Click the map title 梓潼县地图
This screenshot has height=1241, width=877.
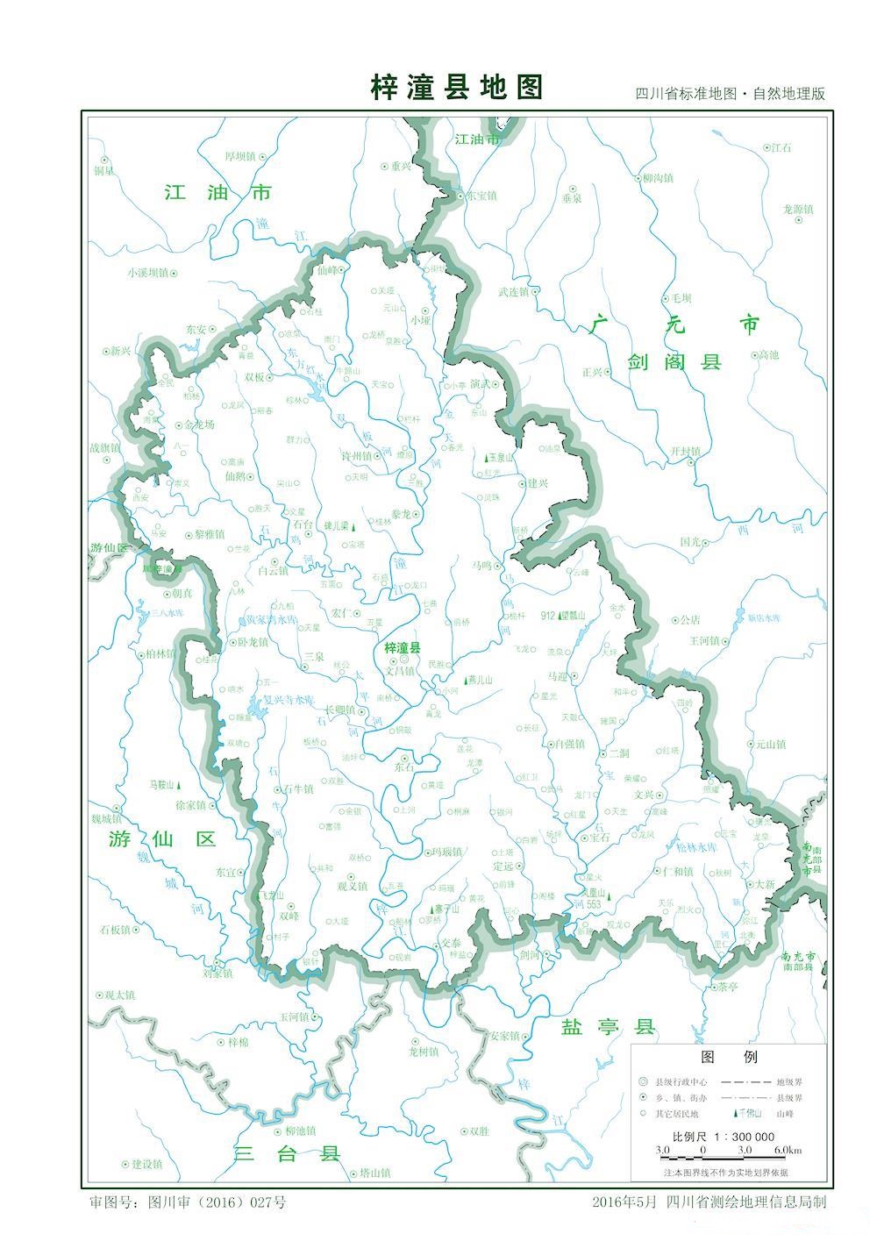pyautogui.click(x=457, y=88)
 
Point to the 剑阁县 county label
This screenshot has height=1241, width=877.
pyautogui.click(x=674, y=361)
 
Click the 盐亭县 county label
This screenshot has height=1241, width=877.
pyautogui.click(x=608, y=1027)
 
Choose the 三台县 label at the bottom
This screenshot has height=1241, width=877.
pyautogui.click(x=287, y=1152)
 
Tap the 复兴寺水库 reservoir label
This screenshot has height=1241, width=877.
pyautogui.click(x=289, y=701)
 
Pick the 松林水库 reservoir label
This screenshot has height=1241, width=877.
pyautogui.click(x=696, y=847)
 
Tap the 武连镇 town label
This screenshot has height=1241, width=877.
pyautogui.click(x=513, y=292)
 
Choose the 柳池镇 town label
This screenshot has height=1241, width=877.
pyautogui.click(x=300, y=1131)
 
